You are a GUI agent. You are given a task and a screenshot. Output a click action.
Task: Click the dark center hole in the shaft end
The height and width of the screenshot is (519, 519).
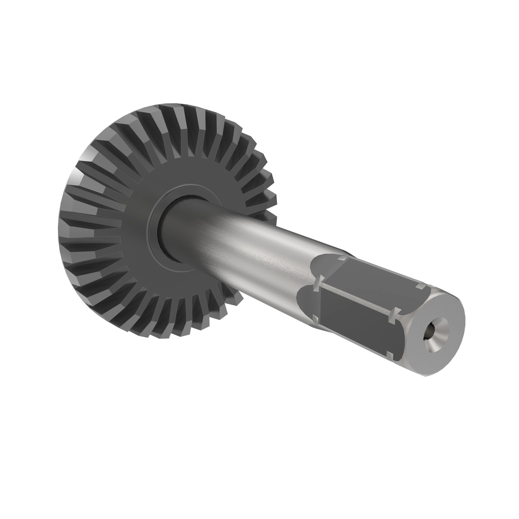[429, 335]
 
